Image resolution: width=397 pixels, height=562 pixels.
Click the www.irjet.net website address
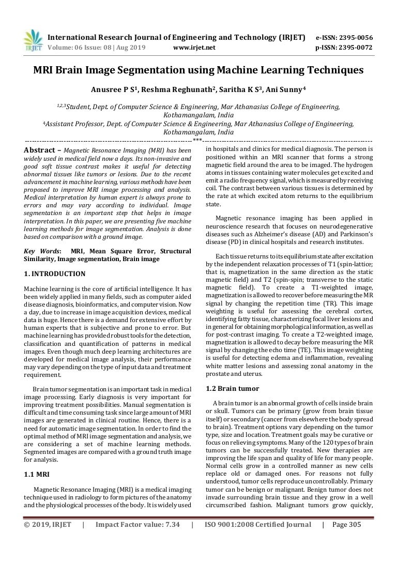pyautogui.click(x=194, y=48)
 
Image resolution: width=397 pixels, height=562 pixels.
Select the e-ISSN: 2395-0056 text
pyautogui.click(x=344, y=38)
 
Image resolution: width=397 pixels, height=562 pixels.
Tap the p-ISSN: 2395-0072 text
pyautogui.click(x=344, y=48)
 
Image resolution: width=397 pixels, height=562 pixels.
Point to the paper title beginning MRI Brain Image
pyautogui.click(x=198, y=70)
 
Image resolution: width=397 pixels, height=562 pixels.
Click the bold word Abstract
pyautogui.click(x=40, y=150)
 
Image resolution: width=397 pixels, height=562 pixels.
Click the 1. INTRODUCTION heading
pyautogui.click(x=55, y=274)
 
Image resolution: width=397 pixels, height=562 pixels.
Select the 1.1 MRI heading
pyautogui.click(x=37, y=474)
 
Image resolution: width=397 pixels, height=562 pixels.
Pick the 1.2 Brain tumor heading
pyautogui.click(x=233, y=388)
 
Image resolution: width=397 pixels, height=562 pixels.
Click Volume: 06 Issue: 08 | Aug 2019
pyautogui.click(x=97, y=48)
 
